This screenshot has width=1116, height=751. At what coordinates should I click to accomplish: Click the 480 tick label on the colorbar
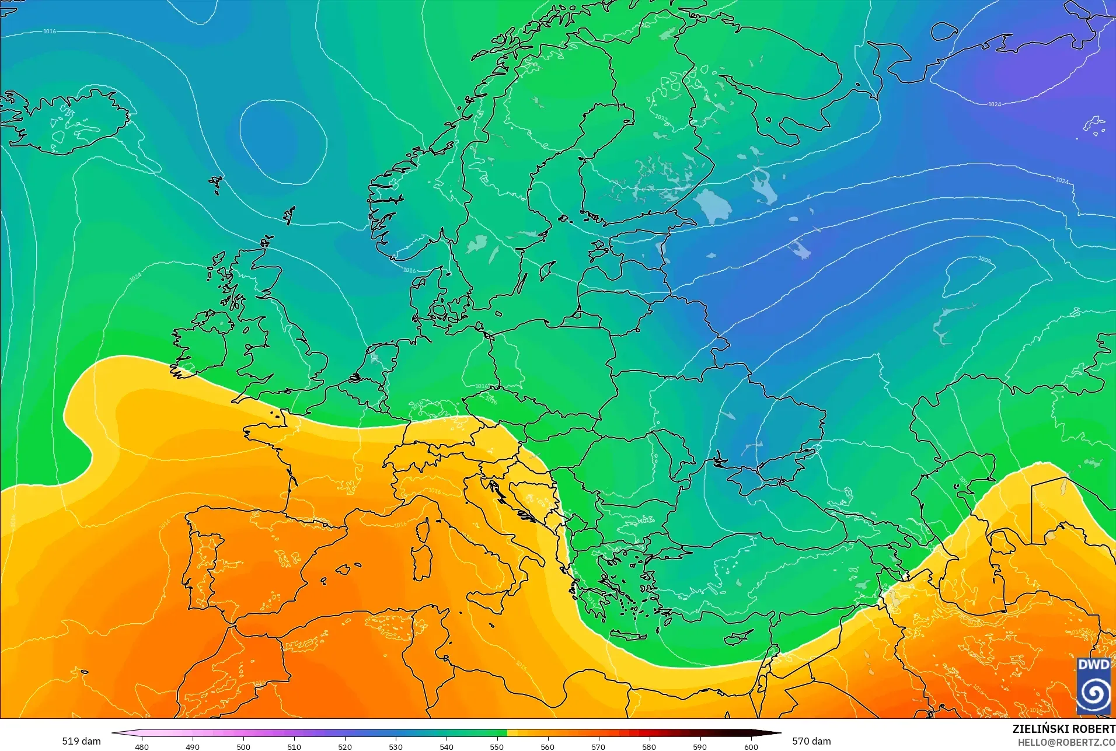tap(141, 746)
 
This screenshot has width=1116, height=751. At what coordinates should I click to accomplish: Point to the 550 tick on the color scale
tap(497, 746)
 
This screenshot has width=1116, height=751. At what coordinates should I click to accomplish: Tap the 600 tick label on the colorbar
tap(751, 746)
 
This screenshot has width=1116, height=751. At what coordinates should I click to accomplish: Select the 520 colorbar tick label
tap(345, 746)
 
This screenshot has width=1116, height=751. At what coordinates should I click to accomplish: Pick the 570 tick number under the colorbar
tap(598, 746)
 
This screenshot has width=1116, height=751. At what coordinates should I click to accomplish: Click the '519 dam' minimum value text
tap(81, 741)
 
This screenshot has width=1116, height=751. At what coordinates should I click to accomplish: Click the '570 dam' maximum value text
tap(811, 741)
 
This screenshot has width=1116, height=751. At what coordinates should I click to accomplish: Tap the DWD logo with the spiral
tap(1094, 685)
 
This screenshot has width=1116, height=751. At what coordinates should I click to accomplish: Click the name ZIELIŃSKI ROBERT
tap(1063, 729)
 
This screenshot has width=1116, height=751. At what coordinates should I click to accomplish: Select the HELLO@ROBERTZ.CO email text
tap(1066, 742)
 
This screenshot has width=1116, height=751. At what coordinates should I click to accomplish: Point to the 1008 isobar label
tap(984, 259)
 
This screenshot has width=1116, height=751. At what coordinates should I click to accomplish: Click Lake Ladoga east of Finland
tap(710, 205)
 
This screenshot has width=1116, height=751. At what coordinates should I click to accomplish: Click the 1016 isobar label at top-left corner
tap(50, 31)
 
